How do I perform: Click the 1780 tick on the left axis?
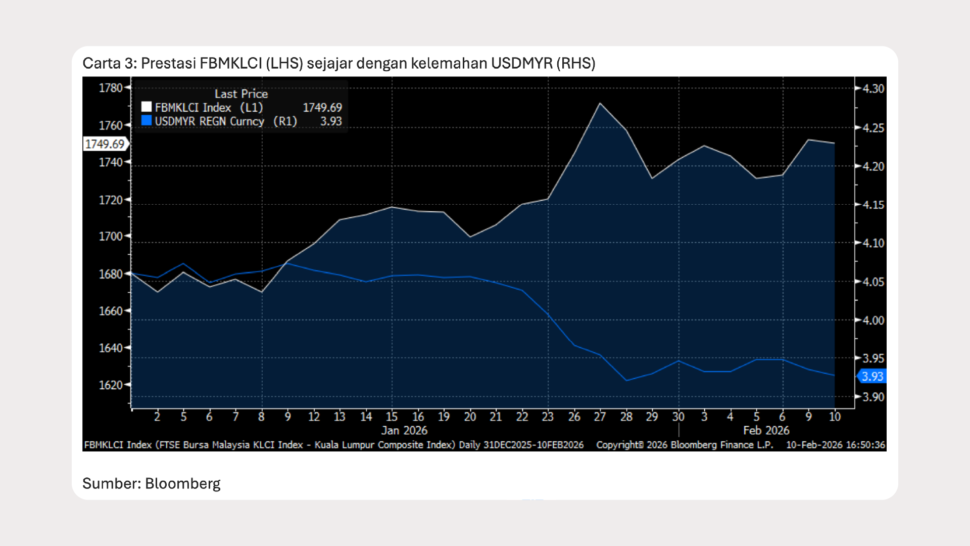click(x=111, y=88)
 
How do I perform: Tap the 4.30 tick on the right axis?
click(x=873, y=89)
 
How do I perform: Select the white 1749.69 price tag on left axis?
click(x=105, y=144)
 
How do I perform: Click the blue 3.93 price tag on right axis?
click(x=872, y=376)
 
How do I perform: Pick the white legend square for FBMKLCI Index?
click(x=147, y=107)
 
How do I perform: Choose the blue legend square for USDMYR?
click(x=147, y=120)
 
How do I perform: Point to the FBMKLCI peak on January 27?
click(x=600, y=104)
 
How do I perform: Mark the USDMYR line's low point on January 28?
click(x=626, y=380)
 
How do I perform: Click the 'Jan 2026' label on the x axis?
click(x=404, y=430)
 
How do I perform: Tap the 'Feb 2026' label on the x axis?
click(x=766, y=430)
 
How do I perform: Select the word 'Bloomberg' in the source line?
click(x=183, y=484)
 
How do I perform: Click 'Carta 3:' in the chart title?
click(x=110, y=63)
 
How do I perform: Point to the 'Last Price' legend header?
click(x=241, y=94)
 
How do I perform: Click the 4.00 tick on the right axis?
click(x=873, y=321)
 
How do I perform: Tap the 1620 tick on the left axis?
click(x=111, y=385)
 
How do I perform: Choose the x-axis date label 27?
click(x=600, y=417)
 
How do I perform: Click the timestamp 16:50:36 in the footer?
click(x=865, y=445)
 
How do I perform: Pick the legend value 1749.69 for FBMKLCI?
click(x=322, y=108)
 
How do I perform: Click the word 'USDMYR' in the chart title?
click(x=522, y=63)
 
